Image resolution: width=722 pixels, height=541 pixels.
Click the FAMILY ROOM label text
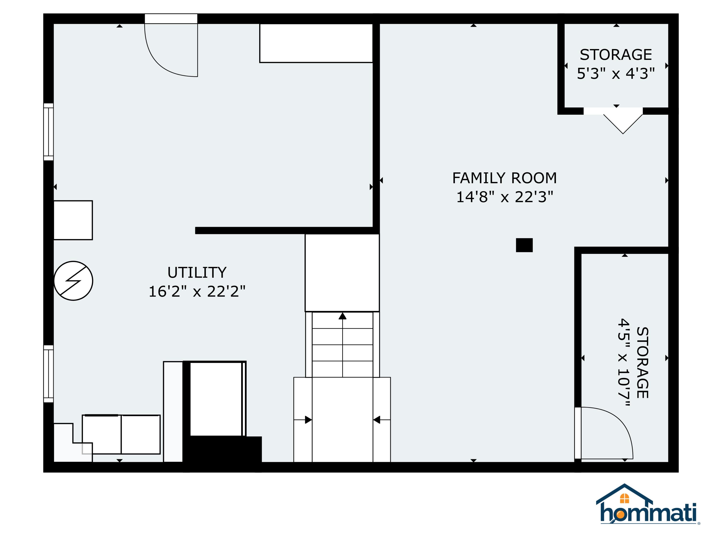(x=504, y=178)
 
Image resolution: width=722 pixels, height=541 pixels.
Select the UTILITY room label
(x=197, y=273)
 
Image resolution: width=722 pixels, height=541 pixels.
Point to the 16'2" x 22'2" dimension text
(x=197, y=291)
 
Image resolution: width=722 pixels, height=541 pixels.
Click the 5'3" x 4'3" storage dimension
(x=616, y=74)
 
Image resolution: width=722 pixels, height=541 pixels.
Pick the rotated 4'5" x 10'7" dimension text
(x=623, y=362)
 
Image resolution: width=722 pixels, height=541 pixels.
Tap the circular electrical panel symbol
(x=73, y=281)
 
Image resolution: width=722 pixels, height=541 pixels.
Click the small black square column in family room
(x=524, y=245)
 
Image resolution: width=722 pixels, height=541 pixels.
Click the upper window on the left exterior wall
(x=49, y=132)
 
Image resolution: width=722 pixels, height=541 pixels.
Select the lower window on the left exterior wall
(x=49, y=374)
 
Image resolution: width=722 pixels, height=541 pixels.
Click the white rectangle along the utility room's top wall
(x=316, y=43)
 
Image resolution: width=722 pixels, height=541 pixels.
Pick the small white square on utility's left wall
(x=73, y=220)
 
